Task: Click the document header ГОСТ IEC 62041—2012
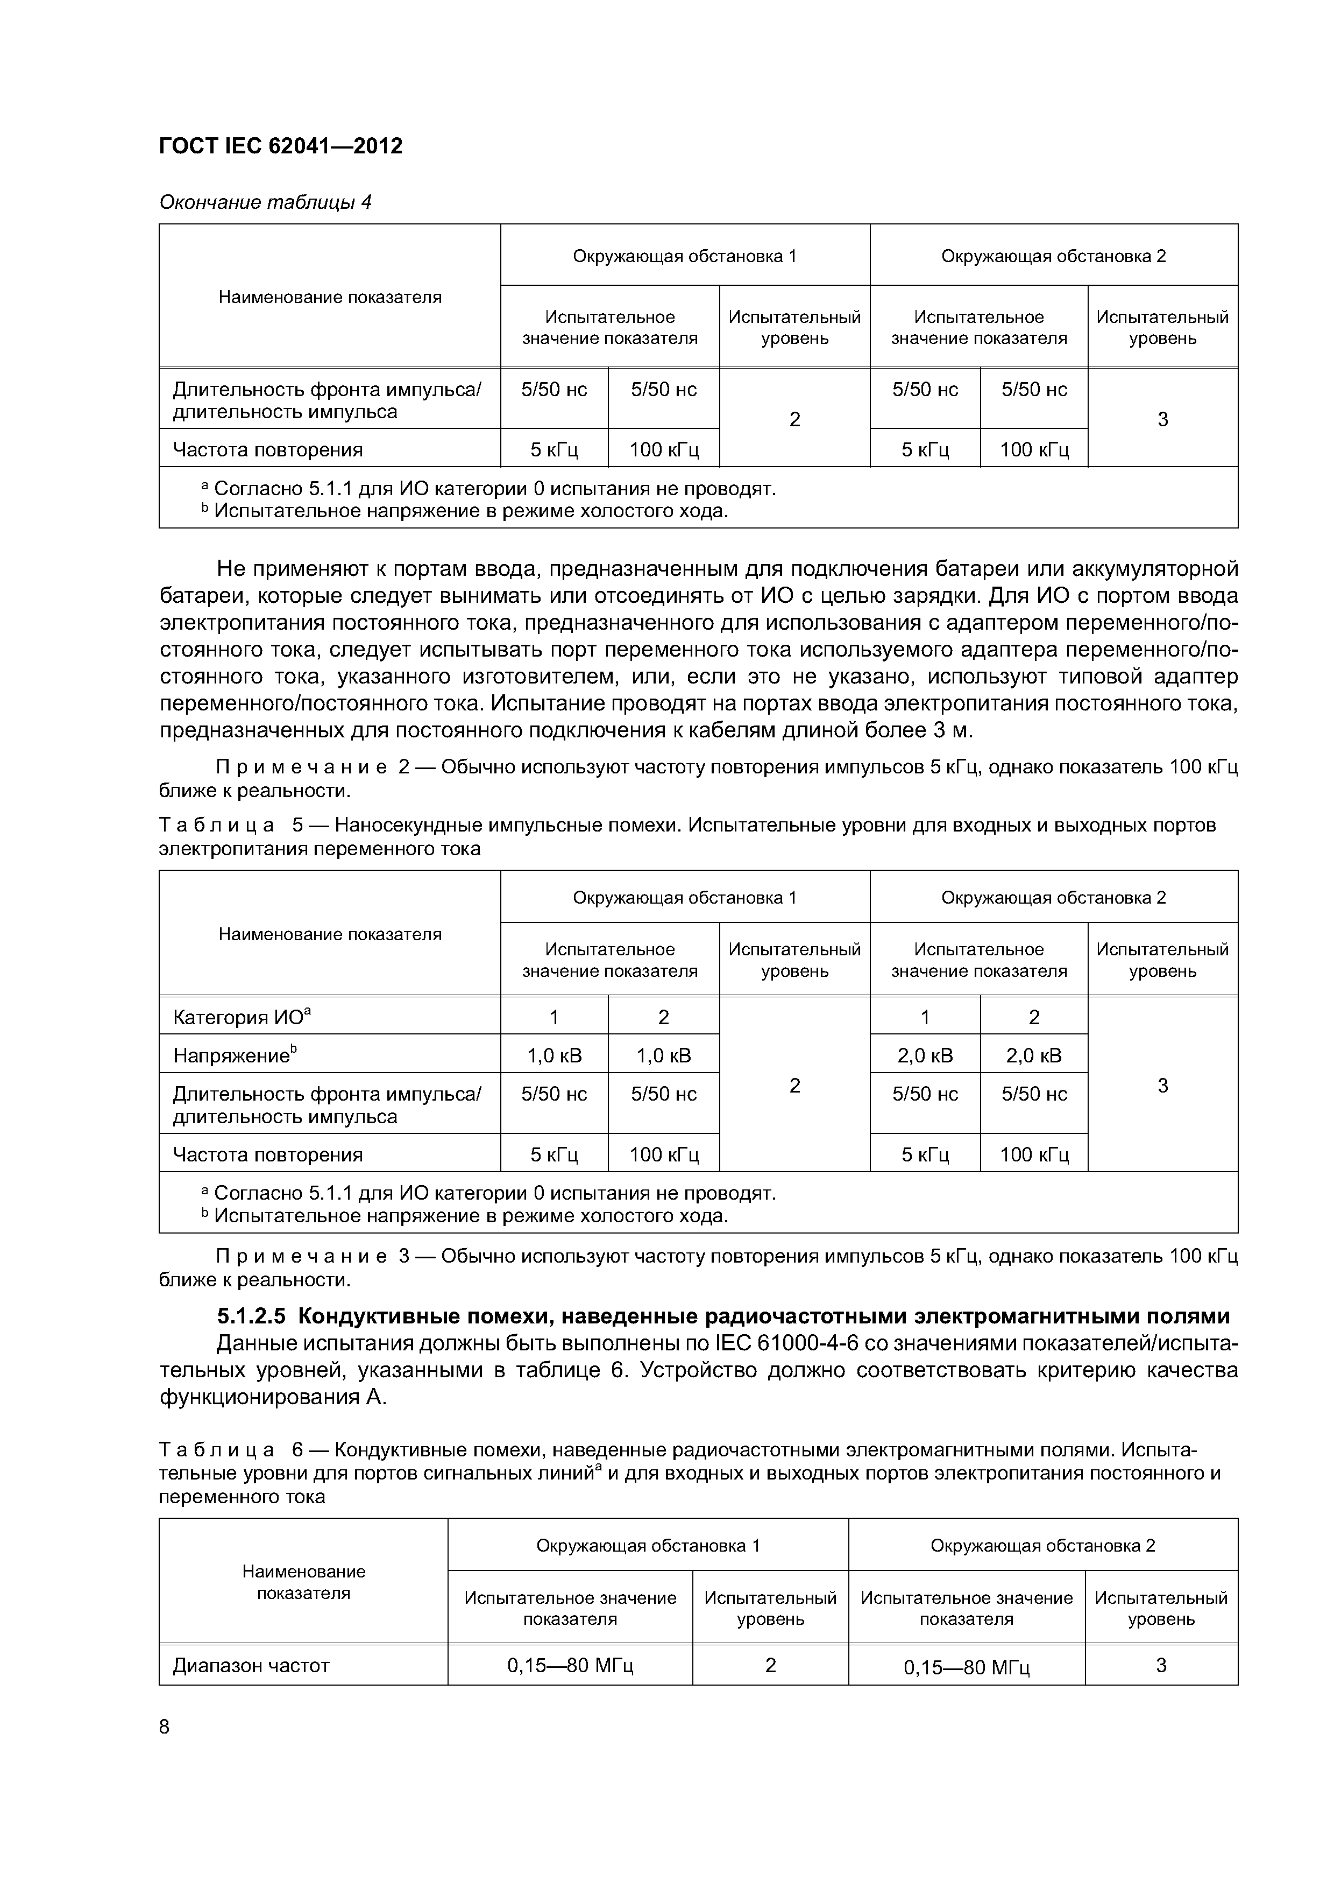coord(280,146)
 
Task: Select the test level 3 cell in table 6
coord(1161,1665)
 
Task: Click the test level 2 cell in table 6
coord(770,1665)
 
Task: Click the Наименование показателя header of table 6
coord(303,1582)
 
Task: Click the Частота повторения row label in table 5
coord(267,1154)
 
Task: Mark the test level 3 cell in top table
coord(1162,419)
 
